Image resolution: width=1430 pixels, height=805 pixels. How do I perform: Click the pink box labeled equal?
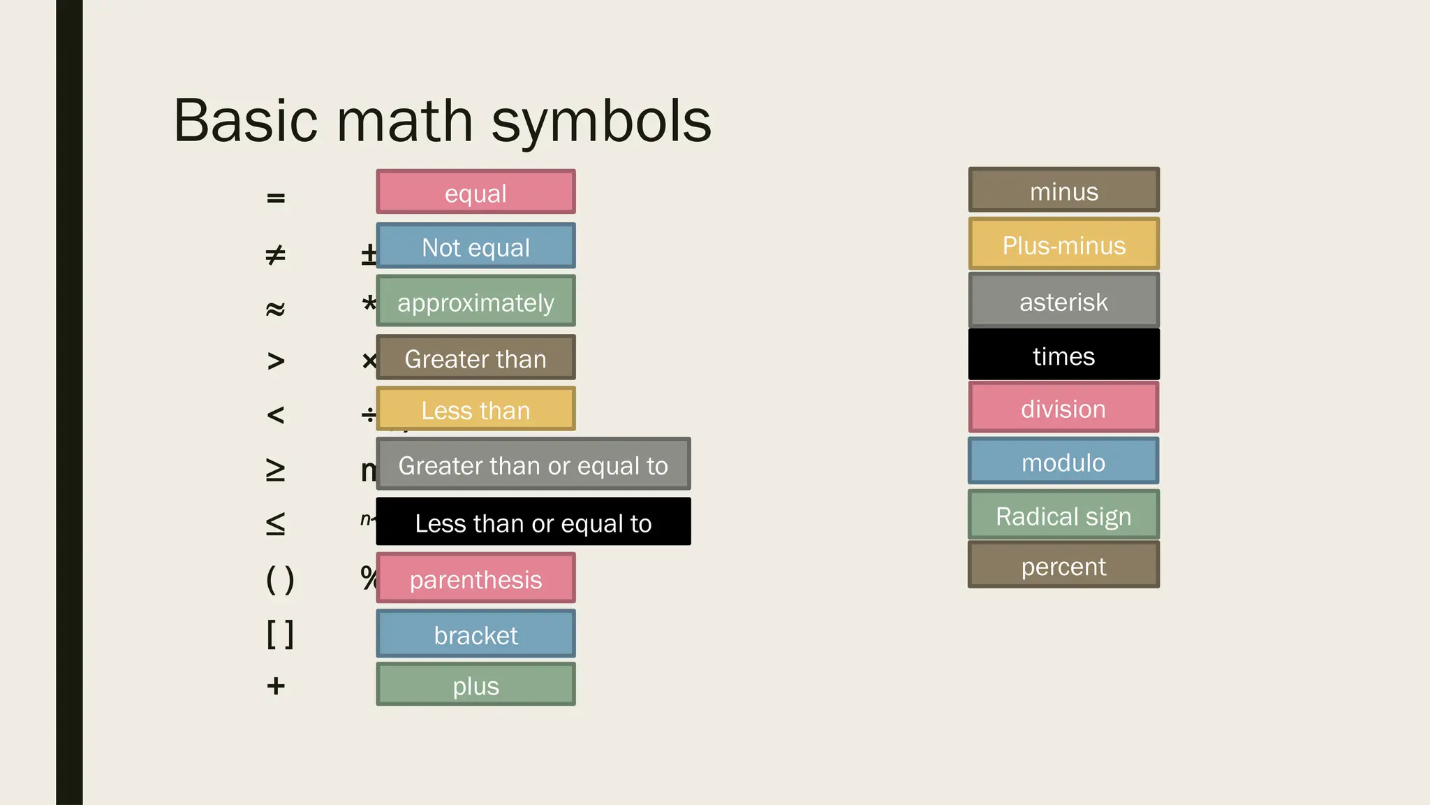click(476, 191)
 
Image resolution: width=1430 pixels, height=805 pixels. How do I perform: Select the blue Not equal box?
click(476, 246)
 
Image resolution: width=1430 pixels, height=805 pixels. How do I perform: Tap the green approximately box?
click(476, 301)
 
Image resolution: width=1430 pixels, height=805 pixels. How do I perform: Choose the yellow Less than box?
click(476, 409)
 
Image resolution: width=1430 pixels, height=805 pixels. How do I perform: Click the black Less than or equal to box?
click(533, 522)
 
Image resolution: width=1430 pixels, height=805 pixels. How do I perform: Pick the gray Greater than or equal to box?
click(533, 464)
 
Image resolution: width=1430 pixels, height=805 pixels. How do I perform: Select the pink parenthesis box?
click(476, 578)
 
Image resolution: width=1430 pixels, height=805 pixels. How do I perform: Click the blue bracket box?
click(476, 634)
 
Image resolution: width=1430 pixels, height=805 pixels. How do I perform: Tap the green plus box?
click(476, 684)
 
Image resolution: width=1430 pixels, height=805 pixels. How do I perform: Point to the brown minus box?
click(1063, 190)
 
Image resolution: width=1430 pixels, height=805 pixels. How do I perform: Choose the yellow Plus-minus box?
click(1063, 244)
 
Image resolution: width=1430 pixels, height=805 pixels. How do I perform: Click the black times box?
click(1063, 355)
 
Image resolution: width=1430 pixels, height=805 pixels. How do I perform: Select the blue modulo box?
click(1063, 461)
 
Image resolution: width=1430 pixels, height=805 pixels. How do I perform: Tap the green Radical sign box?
click(1063, 515)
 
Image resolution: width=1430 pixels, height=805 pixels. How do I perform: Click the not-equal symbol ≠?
click(276, 255)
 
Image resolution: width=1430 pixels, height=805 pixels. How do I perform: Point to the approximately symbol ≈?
click(276, 308)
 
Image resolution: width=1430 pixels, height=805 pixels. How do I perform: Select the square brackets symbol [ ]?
click(280, 634)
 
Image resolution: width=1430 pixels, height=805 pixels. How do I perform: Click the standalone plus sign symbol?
click(276, 686)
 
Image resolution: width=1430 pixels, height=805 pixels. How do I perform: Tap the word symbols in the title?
click(601, 122)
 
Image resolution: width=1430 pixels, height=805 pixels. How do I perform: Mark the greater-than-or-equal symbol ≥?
click(276, 470)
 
